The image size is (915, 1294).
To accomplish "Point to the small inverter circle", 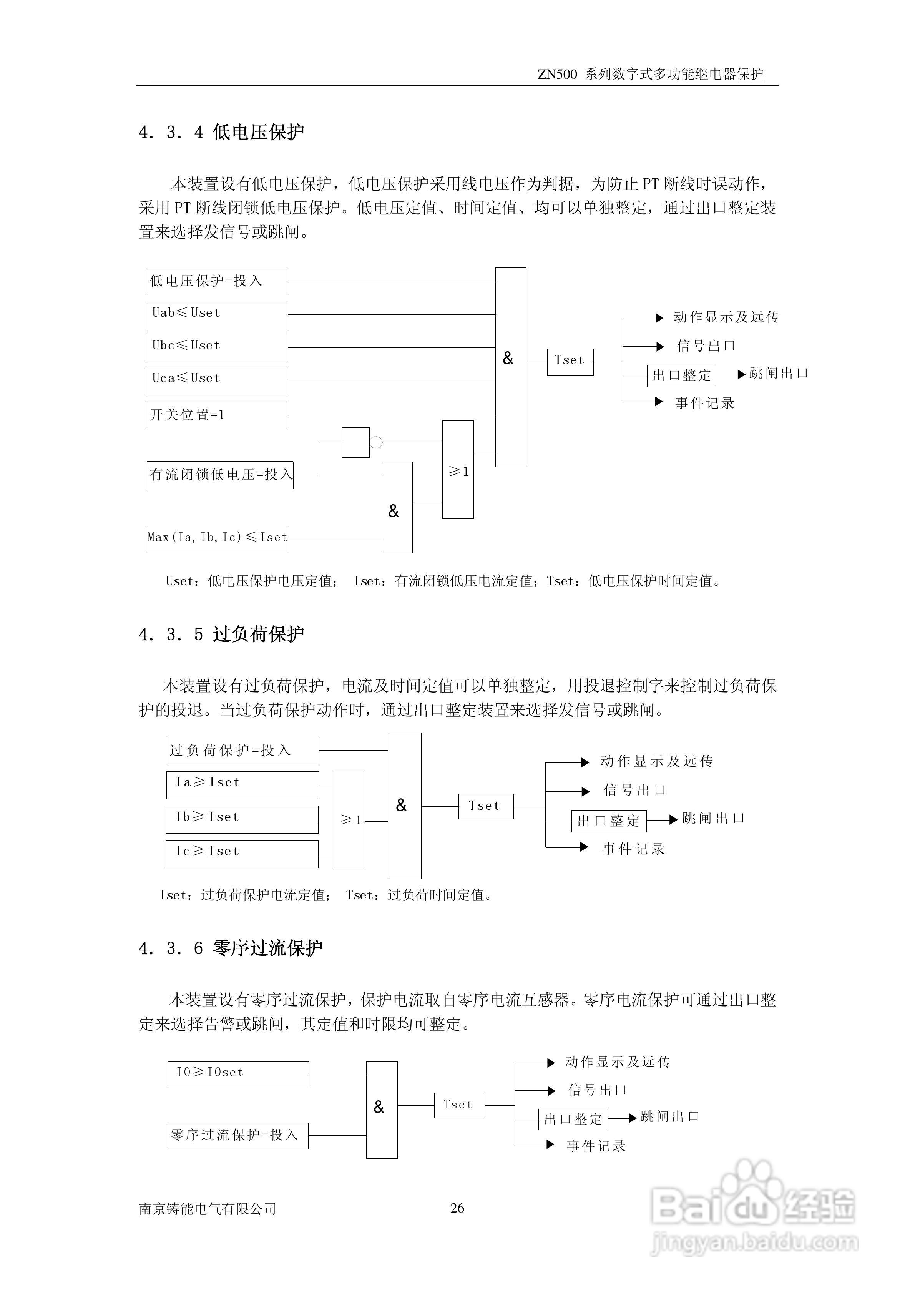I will [376, 442].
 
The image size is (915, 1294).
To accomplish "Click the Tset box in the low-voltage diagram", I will [570, 361].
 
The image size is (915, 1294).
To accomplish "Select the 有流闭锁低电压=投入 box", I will [220, 475].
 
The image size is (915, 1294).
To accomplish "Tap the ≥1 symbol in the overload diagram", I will [349, 820].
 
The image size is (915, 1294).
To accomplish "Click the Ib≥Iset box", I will [242, 819].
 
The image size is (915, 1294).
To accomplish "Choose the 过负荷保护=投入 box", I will [242, 751].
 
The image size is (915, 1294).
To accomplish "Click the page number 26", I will [457, 1208].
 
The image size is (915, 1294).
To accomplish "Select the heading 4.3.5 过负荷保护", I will [221, 635].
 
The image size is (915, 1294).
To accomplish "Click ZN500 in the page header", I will [557, 75].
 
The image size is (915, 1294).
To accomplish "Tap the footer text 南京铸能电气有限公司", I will [208, 1209].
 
